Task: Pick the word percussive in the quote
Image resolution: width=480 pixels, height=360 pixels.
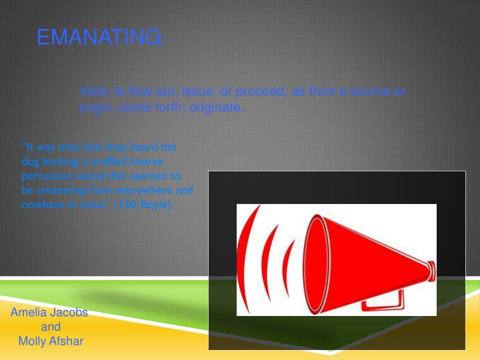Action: (x=42, y=176)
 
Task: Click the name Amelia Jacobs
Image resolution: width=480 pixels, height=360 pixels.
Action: (x=49, y=313)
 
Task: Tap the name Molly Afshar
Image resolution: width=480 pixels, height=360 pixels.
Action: (x=51, y=341)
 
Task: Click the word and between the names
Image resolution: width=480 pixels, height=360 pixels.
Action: (x=51, y=327)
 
